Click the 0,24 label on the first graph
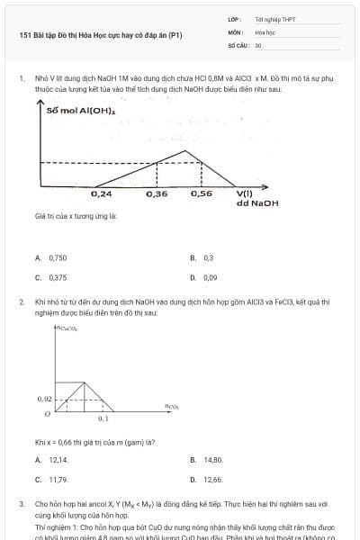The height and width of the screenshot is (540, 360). point(102,193)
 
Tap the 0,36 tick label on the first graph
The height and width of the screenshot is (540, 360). point(156,193)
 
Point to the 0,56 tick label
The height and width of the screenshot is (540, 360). point(202,193)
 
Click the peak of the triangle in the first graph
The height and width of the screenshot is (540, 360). point(186,150)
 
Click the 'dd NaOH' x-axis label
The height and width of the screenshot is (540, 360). point(257,203)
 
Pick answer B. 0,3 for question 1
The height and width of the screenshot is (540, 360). point(202,257)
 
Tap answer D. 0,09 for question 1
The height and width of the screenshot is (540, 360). point(204,278)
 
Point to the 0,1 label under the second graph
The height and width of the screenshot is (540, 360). point(103,419)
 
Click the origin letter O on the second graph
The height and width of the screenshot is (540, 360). point(47,414)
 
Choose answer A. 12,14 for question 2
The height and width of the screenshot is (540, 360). point(51,459)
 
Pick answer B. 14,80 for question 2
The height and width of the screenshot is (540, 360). point(207,459)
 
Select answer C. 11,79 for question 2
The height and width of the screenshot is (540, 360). point(51,480)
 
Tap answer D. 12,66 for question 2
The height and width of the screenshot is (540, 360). point(207,480)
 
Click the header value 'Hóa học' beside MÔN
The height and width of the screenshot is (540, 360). point(266,31)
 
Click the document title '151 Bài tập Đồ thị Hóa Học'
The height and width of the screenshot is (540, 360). point(101,36)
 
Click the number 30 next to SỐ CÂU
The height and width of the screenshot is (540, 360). point(258,43)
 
